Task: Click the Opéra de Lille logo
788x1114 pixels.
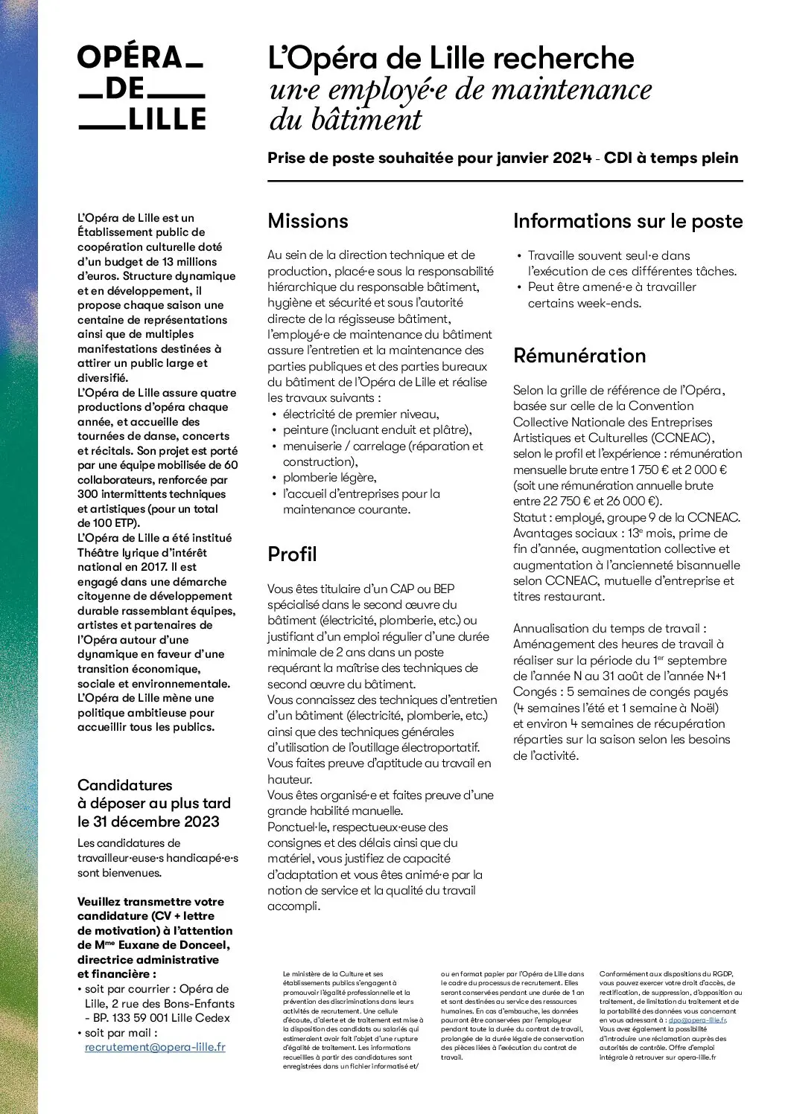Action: (142, 88)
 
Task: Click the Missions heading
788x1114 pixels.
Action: (308, 221)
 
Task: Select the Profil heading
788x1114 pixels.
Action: (292, 554)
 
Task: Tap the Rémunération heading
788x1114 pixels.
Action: (579, 356)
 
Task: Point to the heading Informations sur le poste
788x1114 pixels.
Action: (628, 221)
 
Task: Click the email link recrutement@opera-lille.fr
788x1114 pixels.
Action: (155, 1047)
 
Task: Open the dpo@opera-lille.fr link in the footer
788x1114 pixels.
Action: (697, 1020)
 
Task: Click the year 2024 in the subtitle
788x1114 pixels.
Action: (572, 159)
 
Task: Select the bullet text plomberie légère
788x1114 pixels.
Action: (329, 478)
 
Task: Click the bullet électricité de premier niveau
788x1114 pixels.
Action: (360, 414)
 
